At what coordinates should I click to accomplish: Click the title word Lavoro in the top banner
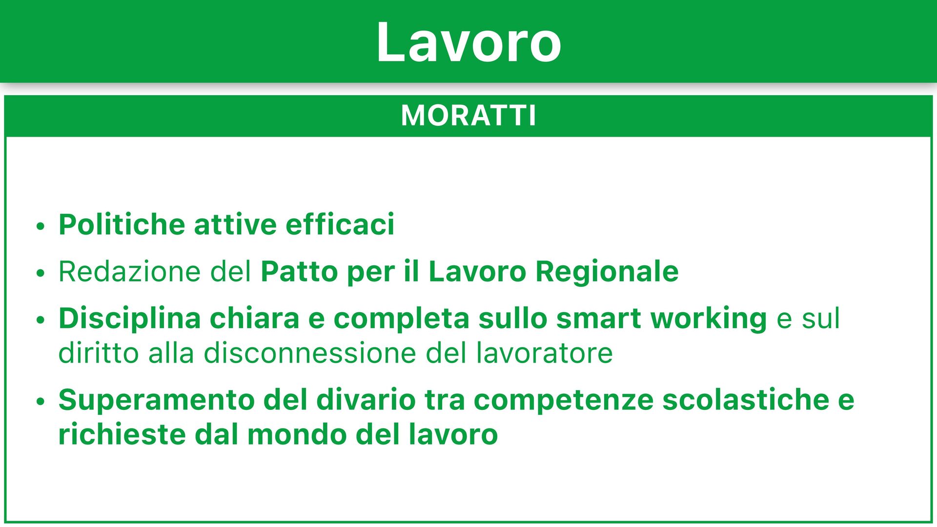point(468,42)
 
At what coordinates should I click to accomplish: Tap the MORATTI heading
point(468,116)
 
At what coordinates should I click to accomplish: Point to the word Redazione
point(130,271)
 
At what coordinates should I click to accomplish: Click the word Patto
point(299,271)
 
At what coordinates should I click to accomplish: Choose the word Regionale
point(607,272)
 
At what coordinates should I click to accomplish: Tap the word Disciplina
point(130,319)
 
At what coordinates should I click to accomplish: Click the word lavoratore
point(544,353)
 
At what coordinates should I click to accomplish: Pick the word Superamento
point(157,400)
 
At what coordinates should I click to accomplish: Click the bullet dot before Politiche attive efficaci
point(41,226)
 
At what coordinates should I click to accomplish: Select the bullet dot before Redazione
point(41,273)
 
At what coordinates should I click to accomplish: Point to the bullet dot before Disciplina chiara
point(41,320)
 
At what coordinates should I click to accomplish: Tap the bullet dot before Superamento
point(41,402)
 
